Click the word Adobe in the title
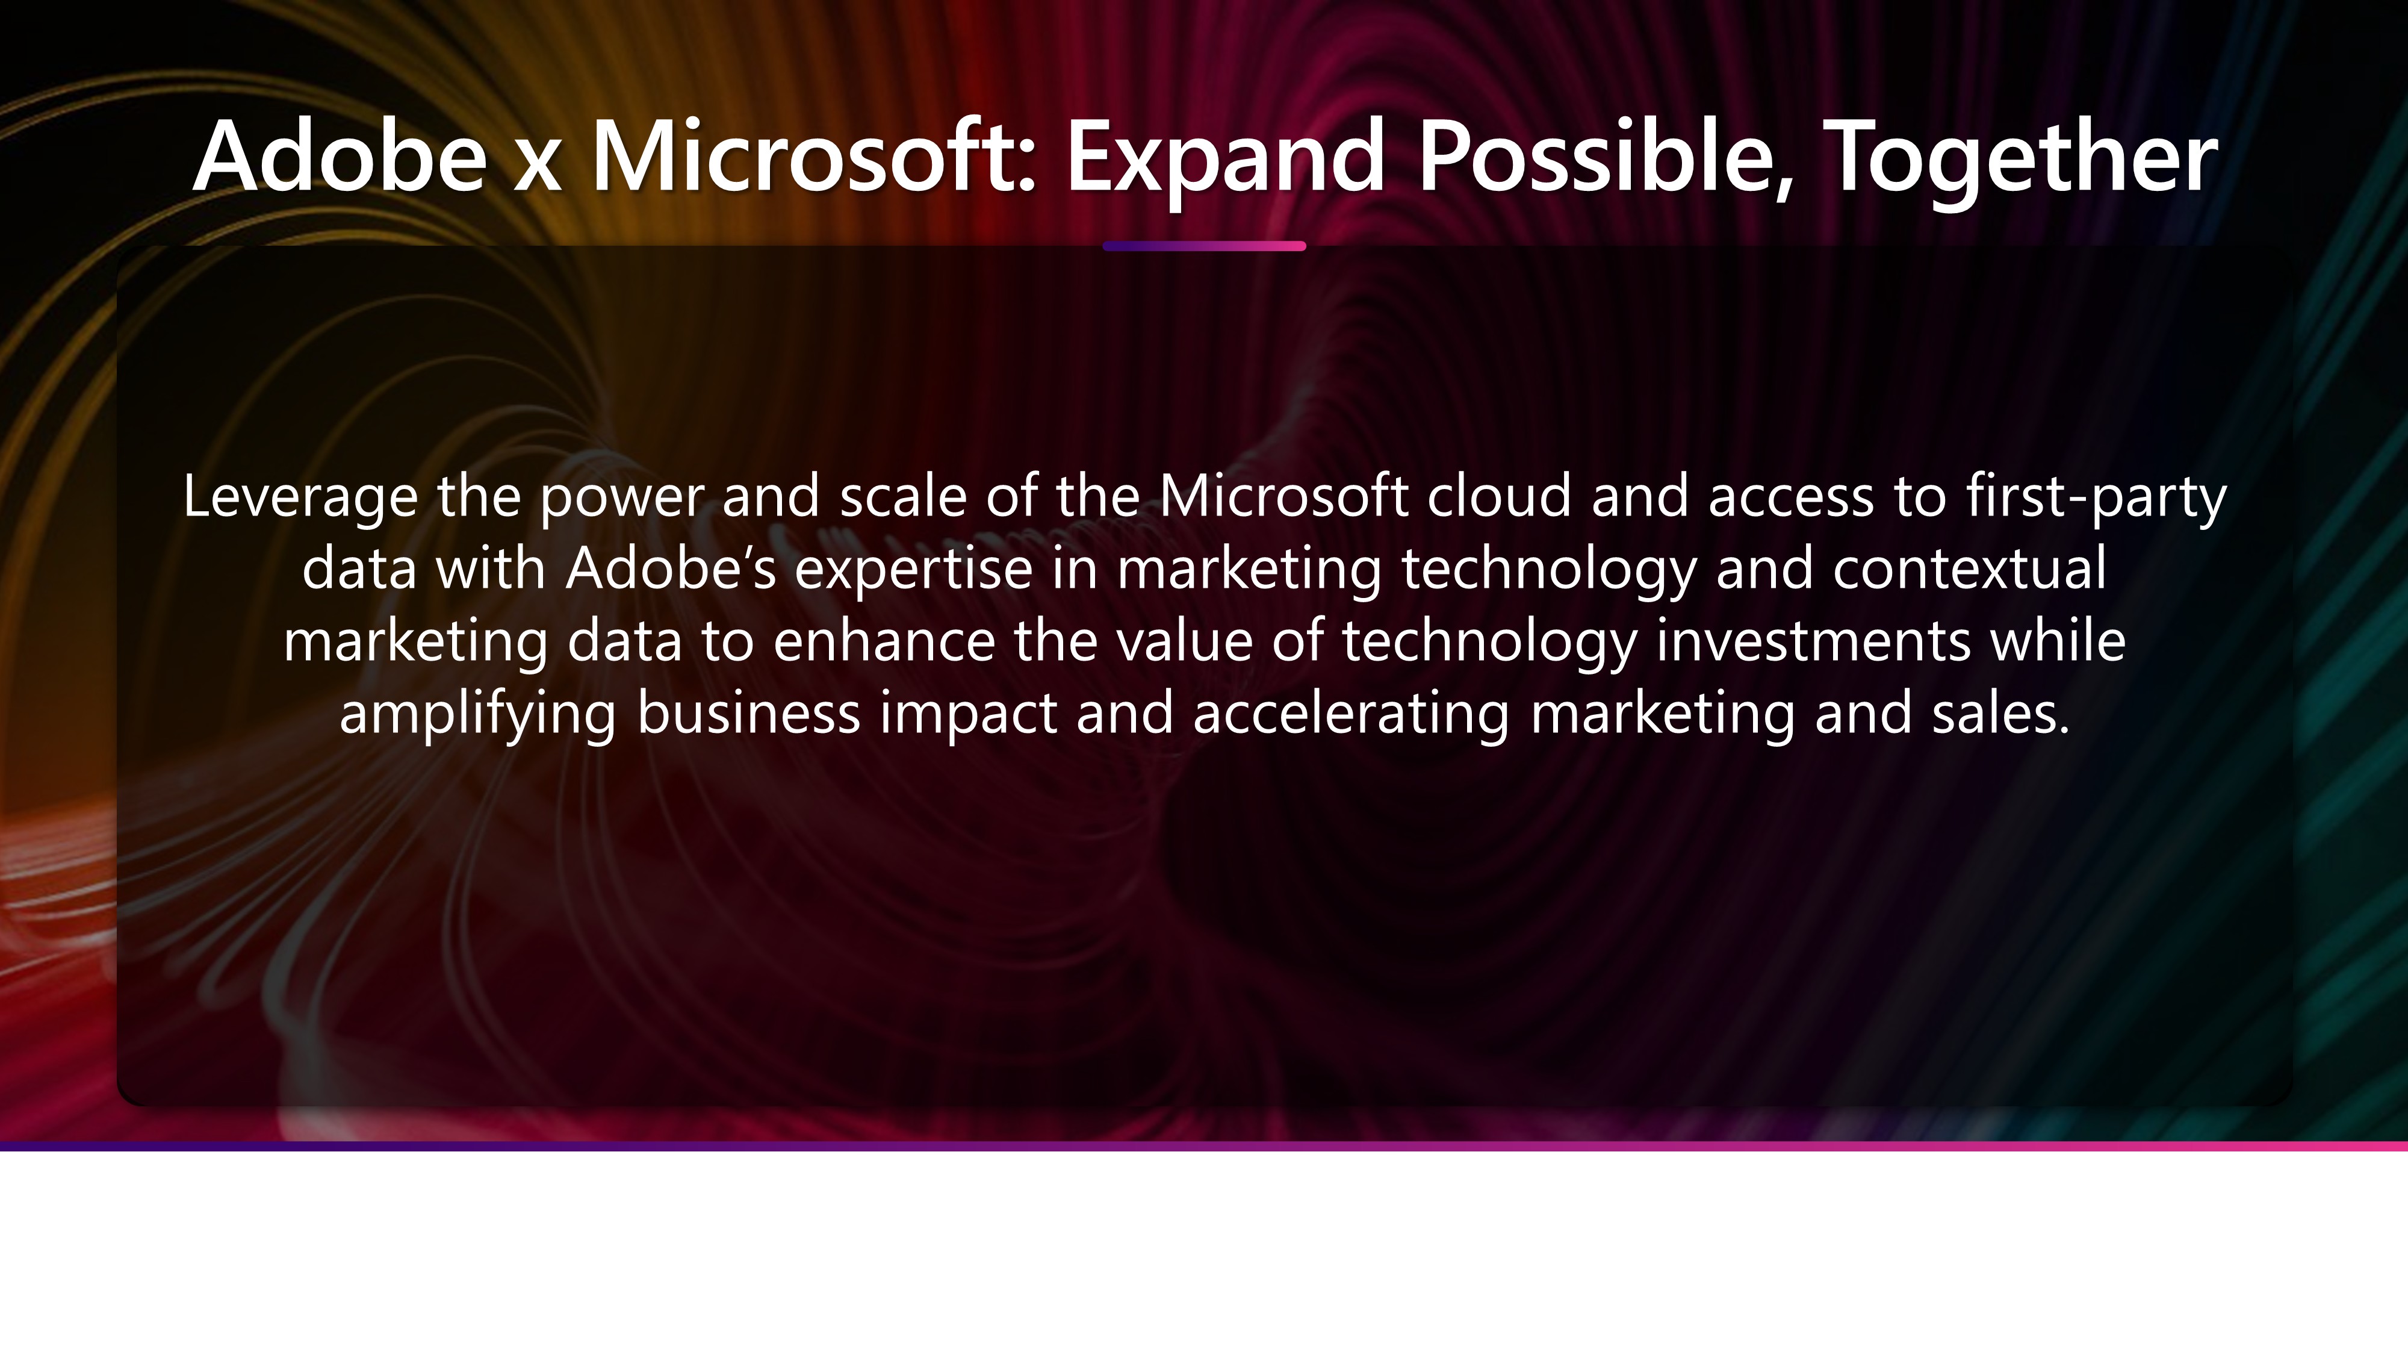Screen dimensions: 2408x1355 pos(340,155)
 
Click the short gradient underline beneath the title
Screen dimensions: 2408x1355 pos(1204,246)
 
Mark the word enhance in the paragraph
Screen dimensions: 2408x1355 pos(884,641)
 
